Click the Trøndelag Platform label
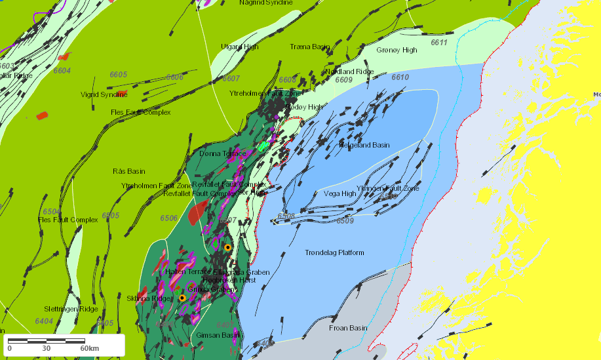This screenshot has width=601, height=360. pos(334,252)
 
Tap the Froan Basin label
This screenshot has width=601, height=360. pos(348,328)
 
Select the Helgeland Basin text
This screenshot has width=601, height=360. pos(364,145)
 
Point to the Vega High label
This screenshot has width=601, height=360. pos(339,193)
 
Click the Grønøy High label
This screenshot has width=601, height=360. pos(397,50)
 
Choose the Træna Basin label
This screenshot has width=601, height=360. pos(310,47)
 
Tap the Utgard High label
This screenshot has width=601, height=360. pos(240,47)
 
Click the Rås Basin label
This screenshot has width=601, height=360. pos(128,171)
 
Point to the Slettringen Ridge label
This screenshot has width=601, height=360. pos(71,309)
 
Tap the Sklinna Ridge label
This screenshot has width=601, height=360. pos(147,298)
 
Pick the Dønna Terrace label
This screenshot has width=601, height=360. pos(223,153)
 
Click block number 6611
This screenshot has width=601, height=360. pos(438,43)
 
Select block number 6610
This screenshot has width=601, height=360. pos(400,77)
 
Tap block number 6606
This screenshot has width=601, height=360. pos(174,77)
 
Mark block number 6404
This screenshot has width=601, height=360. pos(44,321)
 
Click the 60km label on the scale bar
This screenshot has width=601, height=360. pos(89,348)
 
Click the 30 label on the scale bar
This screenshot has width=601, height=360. pos(46,348)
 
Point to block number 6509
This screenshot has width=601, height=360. pos(345,221)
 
